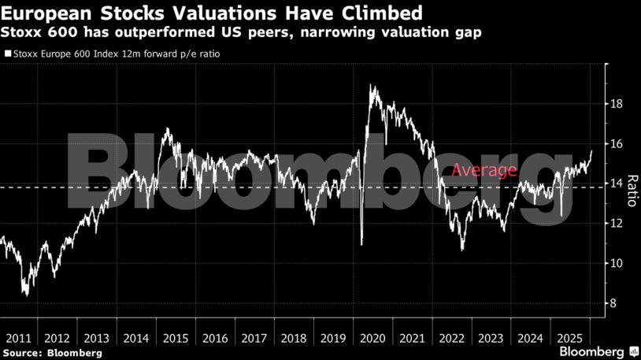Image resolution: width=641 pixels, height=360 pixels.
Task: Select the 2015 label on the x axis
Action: point(176,338)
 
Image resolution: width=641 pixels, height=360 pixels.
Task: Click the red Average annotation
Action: point(484,170)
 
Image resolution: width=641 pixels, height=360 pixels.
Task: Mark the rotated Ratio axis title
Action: point(631,190)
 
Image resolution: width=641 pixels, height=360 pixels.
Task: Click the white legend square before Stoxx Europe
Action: point(7,55)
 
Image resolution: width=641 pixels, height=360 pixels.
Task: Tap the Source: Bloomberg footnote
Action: point(52,353)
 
